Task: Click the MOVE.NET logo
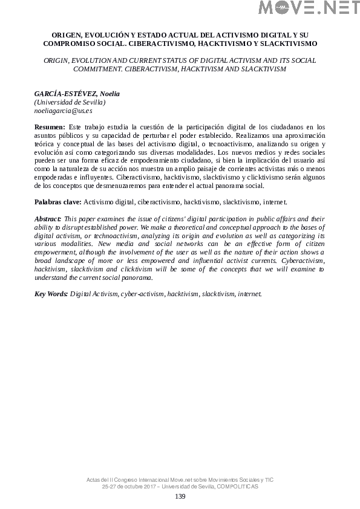click(309, 8)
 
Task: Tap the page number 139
click(180, 496)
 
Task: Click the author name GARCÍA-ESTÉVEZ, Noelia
click(77, 94)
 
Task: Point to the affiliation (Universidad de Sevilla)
click(70, 103)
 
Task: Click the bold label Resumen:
click(50, 128)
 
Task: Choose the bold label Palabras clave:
click(57, 201)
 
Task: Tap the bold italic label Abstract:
click(48, 218)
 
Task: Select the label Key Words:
click(51, 294)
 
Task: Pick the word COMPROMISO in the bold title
click(71, 44)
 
